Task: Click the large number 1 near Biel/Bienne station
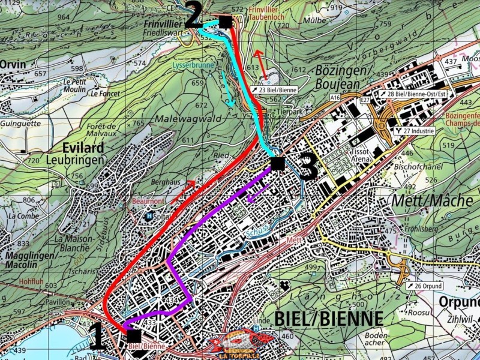click(98, 337)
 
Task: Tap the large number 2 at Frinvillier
click(193, 16)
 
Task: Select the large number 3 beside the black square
click(308, 168)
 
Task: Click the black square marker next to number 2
click(225, 22)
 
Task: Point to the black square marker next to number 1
click(133, 335)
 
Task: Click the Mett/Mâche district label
click(431, 200)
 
